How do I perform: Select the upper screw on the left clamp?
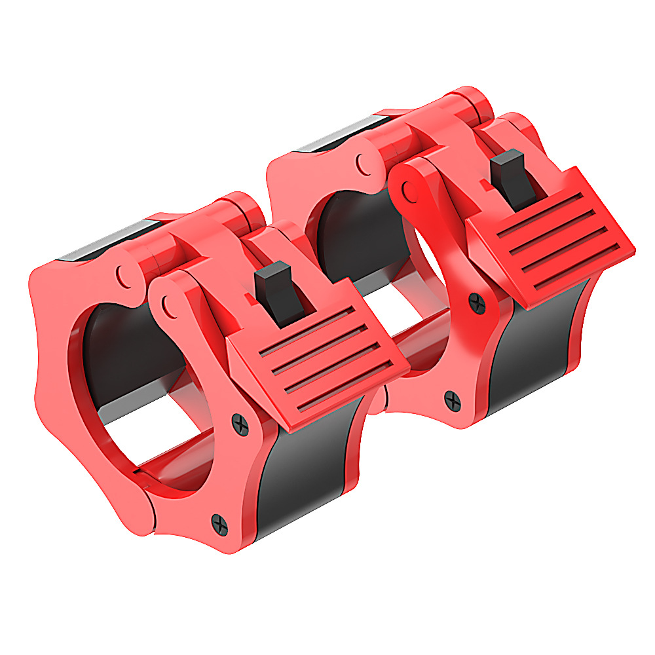pyautogui.click(x=242, y=425)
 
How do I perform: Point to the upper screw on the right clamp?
pyautogui.click(x=476, y=303)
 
